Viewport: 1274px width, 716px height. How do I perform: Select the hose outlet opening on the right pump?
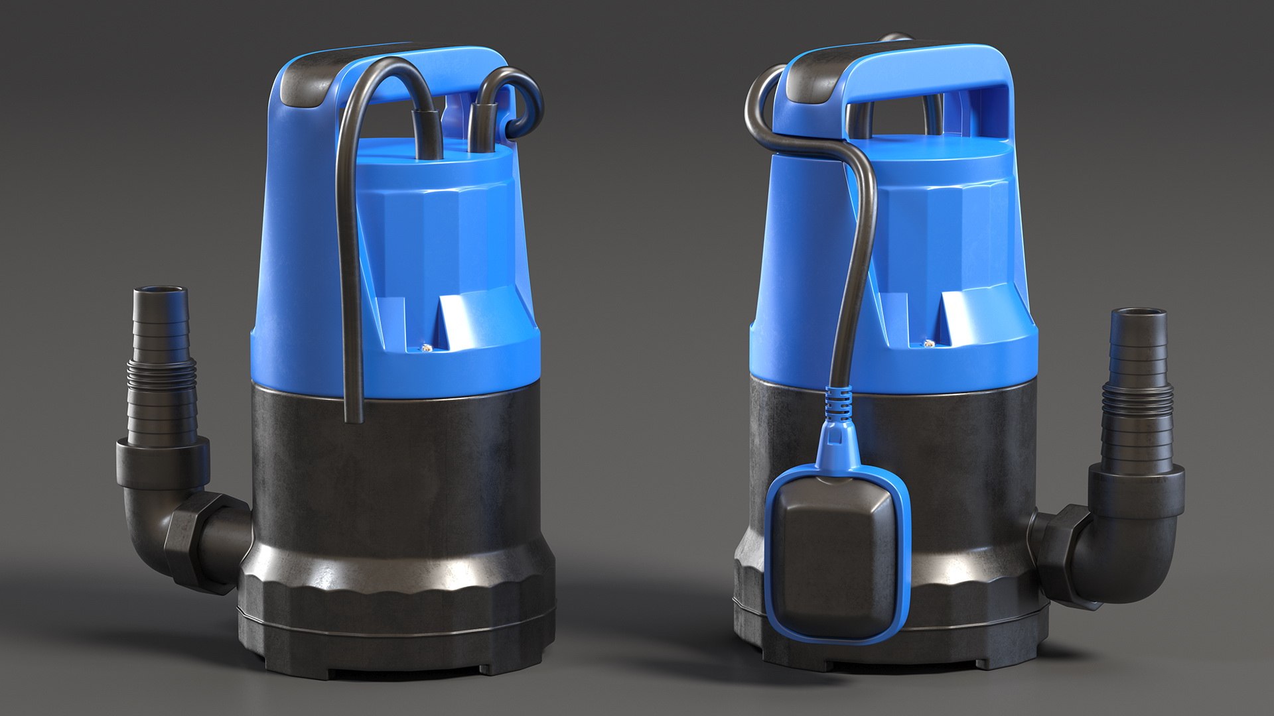click(1138, 312)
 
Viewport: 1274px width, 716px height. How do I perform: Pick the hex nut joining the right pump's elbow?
click(1060, 554)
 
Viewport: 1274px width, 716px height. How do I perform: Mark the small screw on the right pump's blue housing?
click(930, 343)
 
